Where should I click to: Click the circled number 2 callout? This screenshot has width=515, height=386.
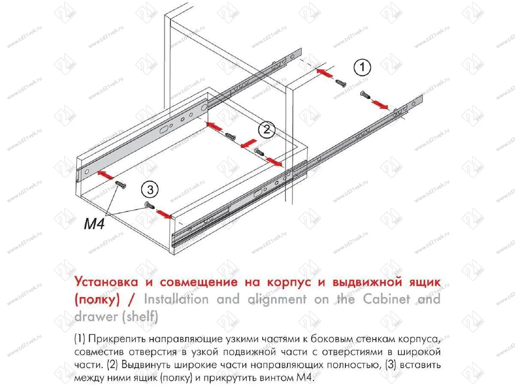pos(267,129)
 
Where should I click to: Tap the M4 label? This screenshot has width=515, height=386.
pos(94,224)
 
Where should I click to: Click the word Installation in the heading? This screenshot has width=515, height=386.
pos(178,299)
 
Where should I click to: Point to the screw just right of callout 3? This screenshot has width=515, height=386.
pos(149,205)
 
